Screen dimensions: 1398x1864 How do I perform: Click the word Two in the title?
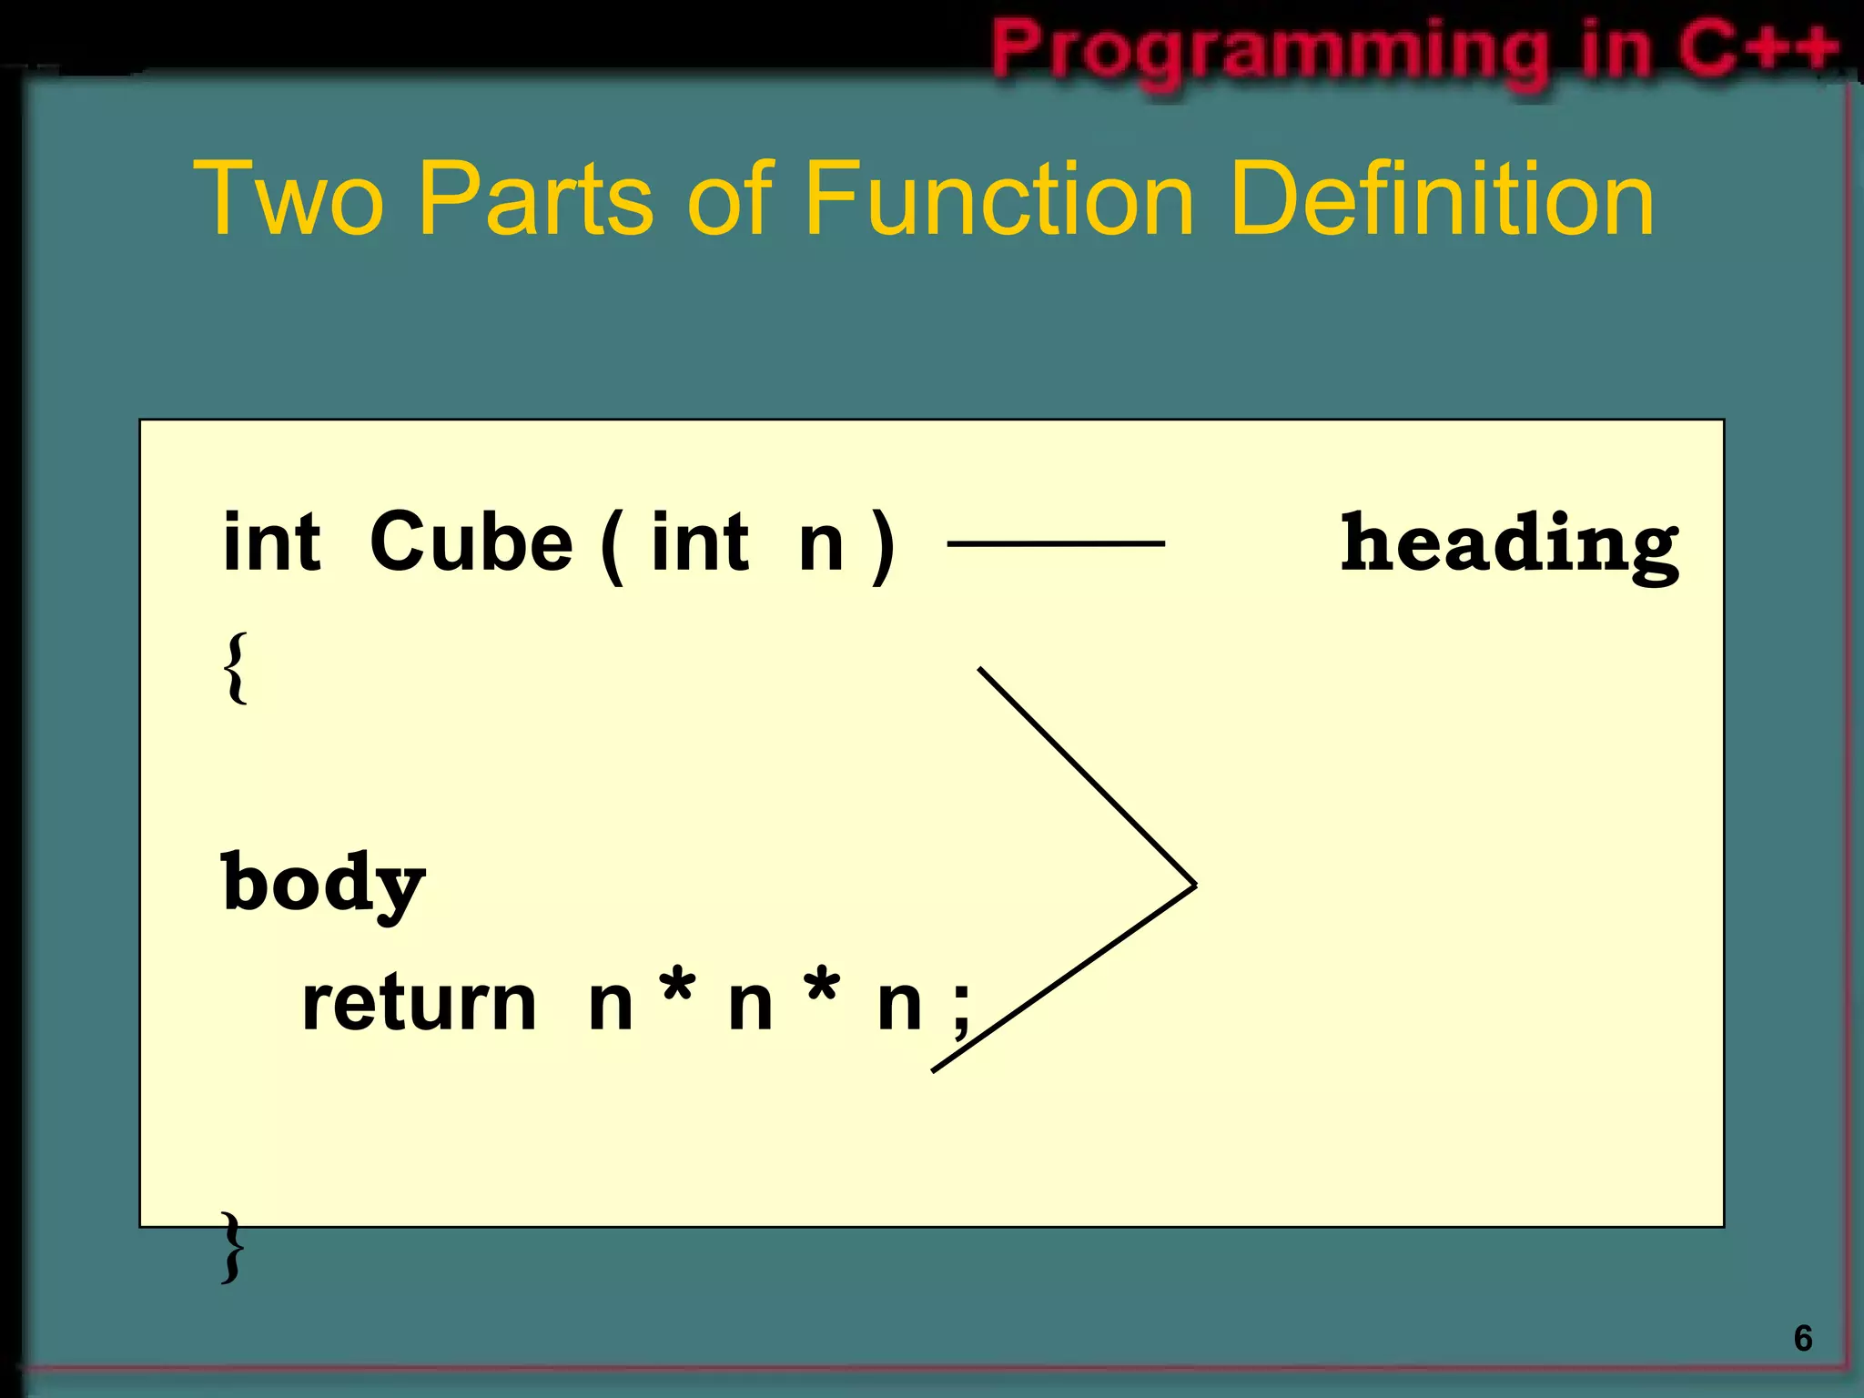(289, 198)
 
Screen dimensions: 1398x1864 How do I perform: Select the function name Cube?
(471, 542)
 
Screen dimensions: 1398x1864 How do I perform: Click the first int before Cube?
(271, 542)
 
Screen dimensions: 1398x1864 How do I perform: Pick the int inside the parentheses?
(700, 542)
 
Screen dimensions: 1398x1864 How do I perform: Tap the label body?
(323, 884)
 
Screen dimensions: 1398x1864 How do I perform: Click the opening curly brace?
(235, 667)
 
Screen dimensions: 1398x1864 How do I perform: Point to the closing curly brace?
(233, 1247)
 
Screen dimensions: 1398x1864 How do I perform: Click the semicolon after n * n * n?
(961, 1012)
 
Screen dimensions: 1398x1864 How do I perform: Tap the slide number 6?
(1802, 1338)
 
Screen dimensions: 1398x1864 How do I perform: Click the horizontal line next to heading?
(1056, 543)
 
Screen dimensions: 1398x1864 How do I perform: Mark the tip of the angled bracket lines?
(1193, 884)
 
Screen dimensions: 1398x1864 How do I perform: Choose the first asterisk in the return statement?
(679, 988)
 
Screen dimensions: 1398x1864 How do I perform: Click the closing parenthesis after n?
(882, 546)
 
